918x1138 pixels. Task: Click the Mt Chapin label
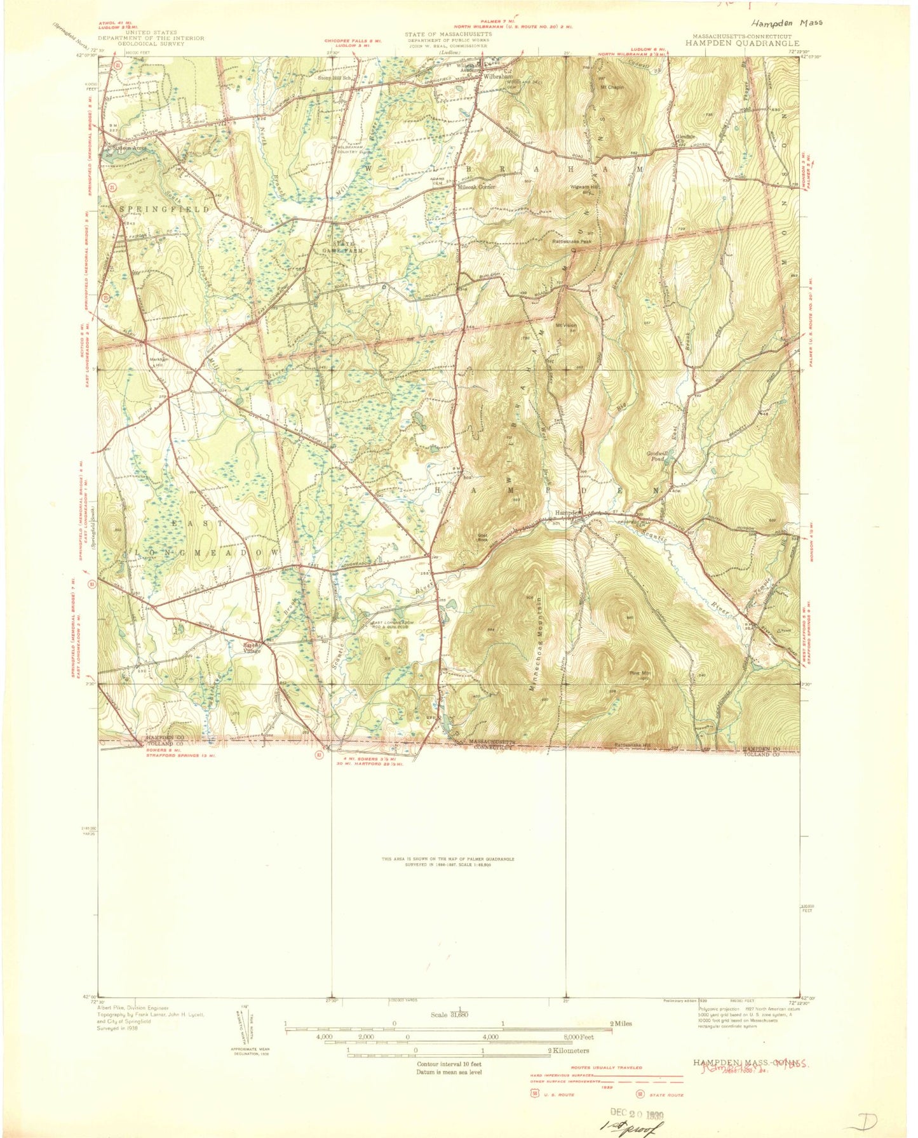611,87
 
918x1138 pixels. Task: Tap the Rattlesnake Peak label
572,241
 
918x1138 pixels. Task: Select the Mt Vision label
565,326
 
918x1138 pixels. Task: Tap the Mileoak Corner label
480,187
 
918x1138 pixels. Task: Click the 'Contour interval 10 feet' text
449,1063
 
